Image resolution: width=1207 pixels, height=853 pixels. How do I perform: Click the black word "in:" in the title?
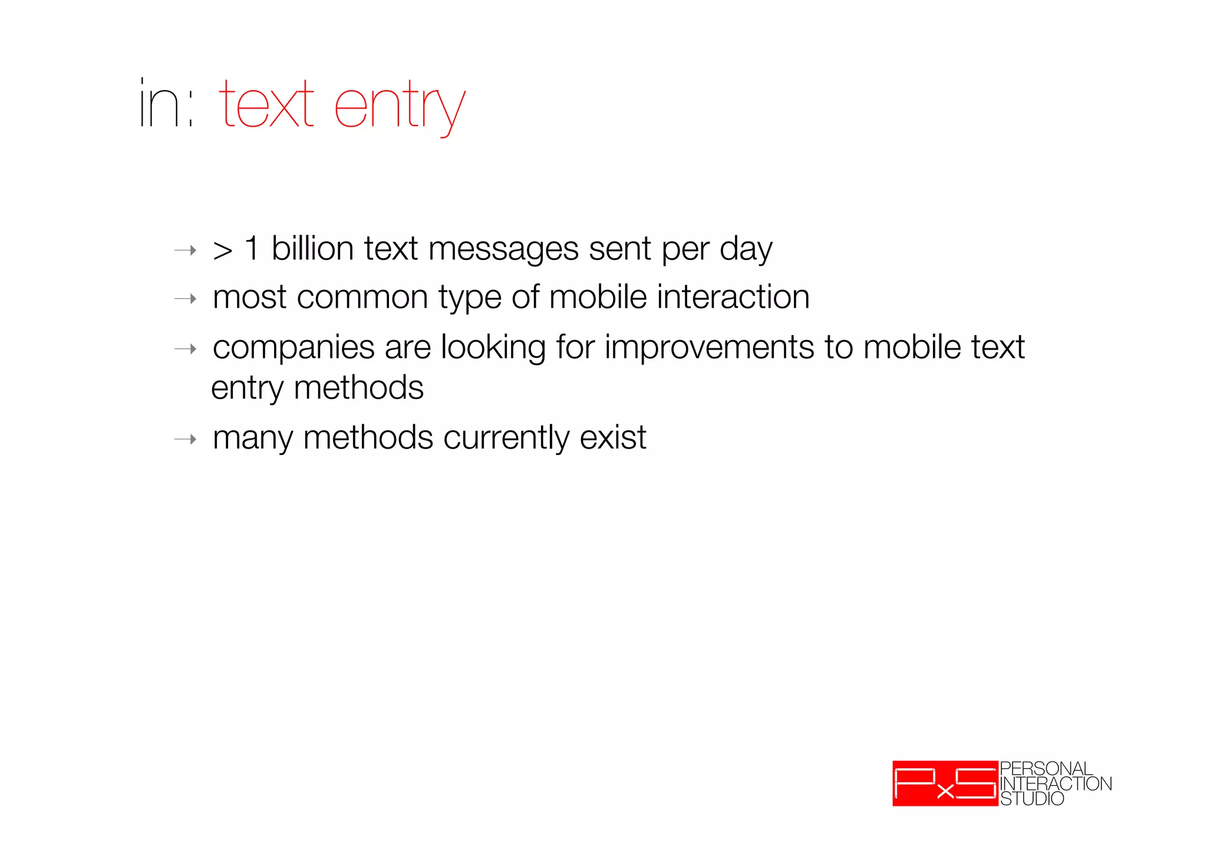(166, 104)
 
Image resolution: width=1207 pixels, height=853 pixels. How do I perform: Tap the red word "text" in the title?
(266, 104)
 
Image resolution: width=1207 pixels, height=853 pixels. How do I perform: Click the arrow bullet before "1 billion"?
(185, 251)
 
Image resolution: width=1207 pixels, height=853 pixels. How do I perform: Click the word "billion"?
(312, 248)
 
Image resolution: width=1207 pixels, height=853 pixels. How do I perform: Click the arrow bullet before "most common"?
(185, 299)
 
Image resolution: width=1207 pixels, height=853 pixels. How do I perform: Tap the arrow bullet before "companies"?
(185, 349)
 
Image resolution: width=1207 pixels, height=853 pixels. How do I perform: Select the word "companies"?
(293, 348)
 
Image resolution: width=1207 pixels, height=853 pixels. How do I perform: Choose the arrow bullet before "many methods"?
(185, 439)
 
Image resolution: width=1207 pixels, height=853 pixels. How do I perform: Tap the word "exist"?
(613, 437)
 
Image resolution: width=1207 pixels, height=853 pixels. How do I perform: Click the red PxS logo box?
(945, 783)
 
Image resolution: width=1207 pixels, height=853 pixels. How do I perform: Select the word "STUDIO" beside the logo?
(1032, 799)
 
